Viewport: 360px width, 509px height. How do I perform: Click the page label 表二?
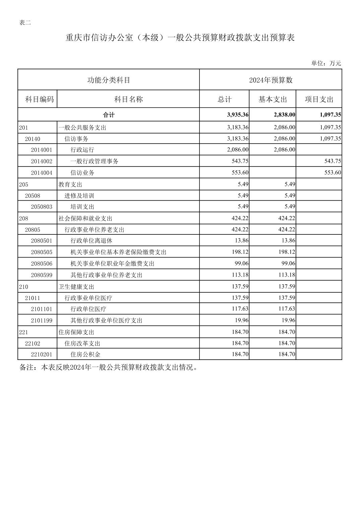25,23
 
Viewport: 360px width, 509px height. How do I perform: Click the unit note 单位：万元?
326,63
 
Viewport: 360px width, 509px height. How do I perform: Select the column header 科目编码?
39,99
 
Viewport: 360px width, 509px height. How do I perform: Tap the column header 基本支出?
273,99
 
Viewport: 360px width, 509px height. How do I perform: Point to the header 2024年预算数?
271,80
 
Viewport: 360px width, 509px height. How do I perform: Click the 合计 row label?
109,115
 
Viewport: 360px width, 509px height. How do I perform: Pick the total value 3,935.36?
238,115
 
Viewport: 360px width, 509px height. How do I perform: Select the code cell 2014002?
42,161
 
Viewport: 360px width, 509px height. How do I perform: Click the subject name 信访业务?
82,173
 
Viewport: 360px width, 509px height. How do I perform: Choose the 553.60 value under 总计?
240,172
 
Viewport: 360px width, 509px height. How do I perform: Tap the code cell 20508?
33,196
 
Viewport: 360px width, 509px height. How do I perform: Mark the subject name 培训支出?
82,207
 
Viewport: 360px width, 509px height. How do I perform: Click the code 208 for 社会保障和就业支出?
23,218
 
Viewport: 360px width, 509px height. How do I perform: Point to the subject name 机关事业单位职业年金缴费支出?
112,264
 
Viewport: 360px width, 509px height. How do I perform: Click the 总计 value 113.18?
240,275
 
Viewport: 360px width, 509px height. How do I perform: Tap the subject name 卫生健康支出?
76,287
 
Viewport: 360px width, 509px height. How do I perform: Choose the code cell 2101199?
42,320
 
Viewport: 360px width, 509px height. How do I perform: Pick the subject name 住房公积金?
85,354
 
